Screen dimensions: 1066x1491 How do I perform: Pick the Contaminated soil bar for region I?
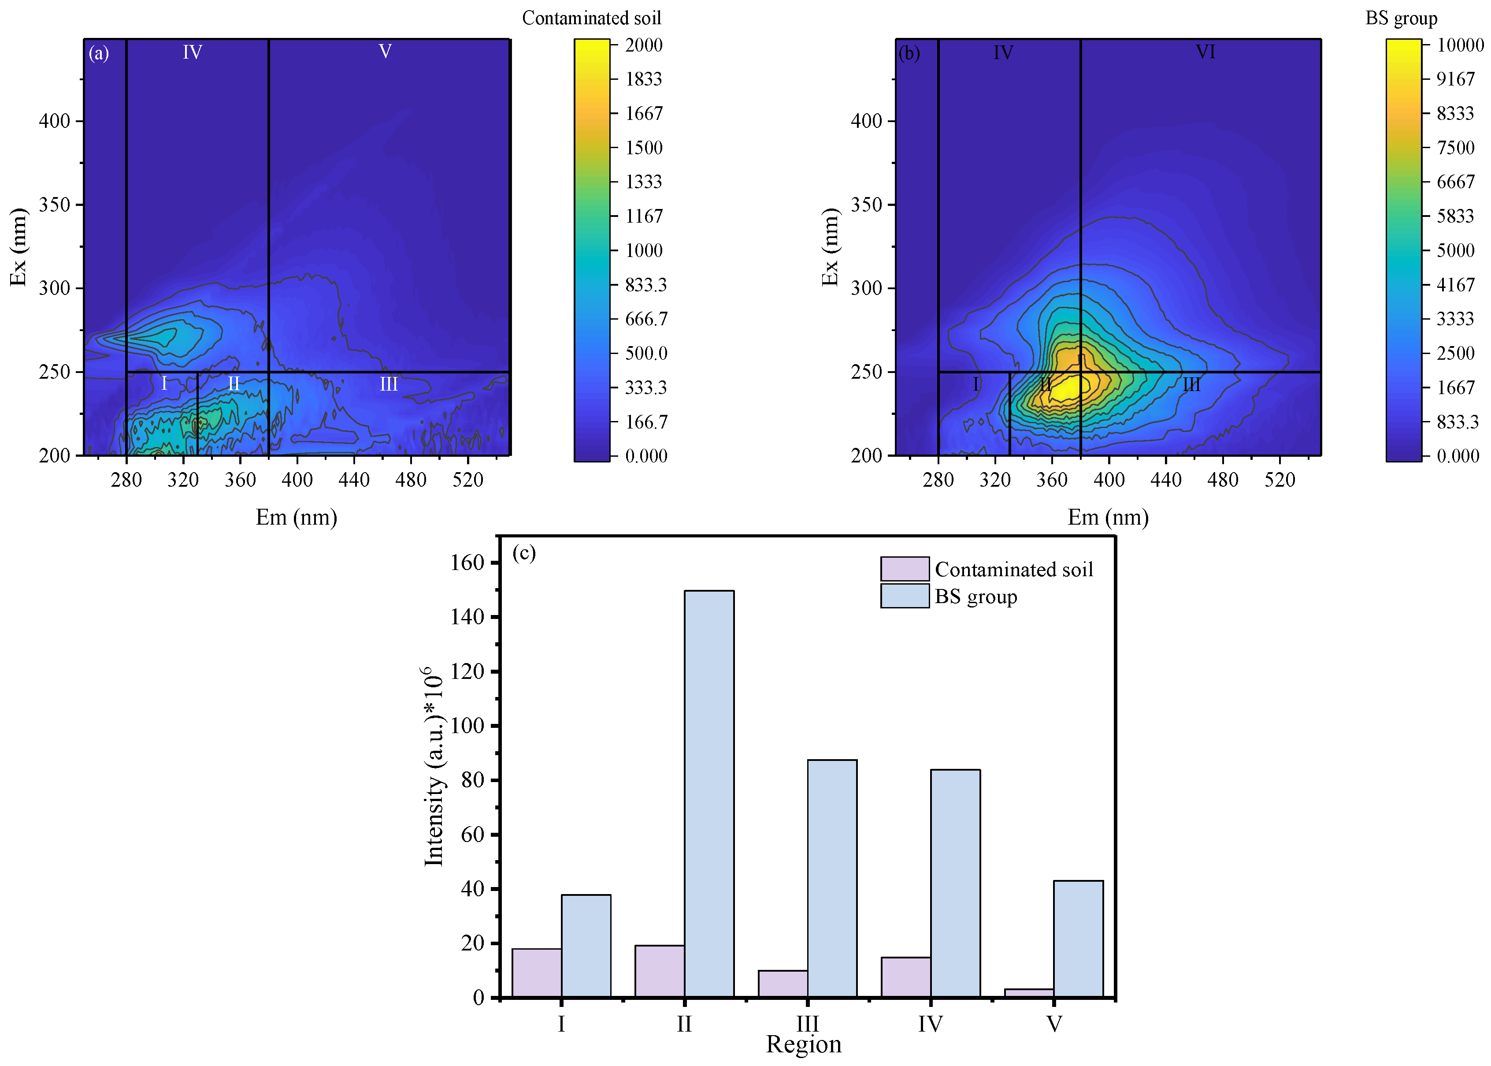click(537, 973)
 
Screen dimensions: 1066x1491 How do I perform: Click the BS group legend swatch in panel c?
click(905, 596)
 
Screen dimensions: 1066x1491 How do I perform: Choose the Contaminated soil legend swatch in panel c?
click(905, 568)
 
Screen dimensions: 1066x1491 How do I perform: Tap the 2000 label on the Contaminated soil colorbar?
click(643, 45)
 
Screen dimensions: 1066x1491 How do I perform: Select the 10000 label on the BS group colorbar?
click(1460, 45)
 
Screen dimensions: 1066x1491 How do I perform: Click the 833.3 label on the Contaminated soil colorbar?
click(645, 284)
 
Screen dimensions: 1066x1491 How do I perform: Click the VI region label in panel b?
click(1205, 51)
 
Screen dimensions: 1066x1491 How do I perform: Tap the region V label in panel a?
click(385, 51)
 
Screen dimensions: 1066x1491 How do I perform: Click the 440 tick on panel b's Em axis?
click(1166, 480)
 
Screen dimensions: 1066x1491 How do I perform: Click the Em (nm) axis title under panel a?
click(297, 517)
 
